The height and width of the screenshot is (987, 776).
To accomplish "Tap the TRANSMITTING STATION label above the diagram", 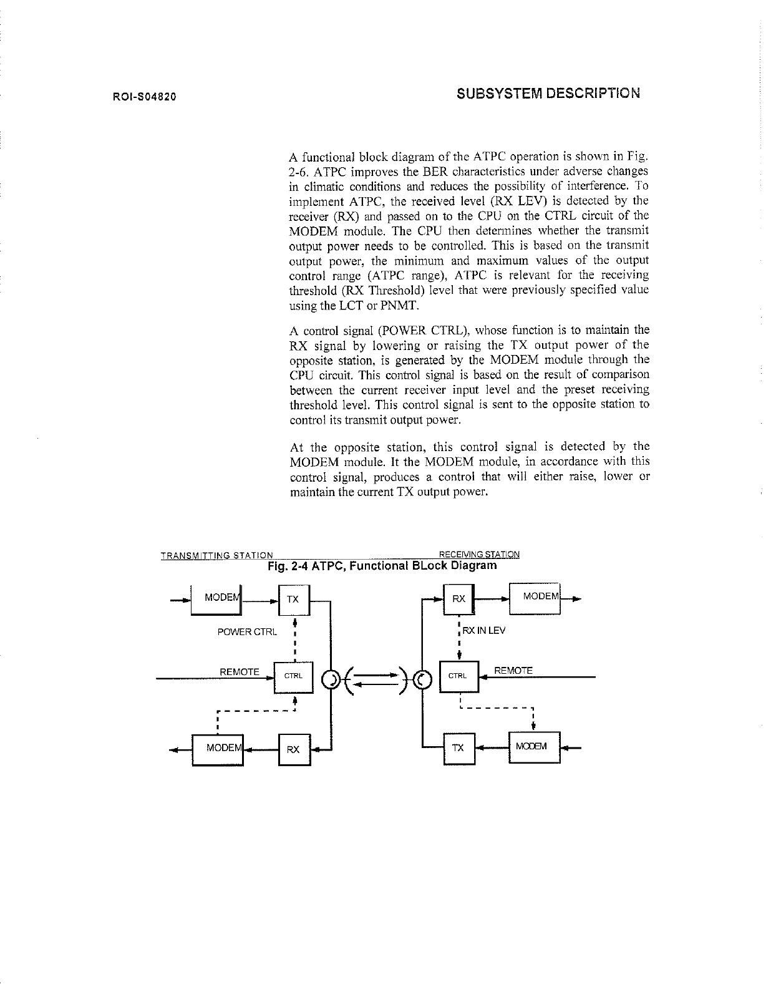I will click(216, 555).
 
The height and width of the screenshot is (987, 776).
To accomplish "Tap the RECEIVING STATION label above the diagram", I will click(479, 554).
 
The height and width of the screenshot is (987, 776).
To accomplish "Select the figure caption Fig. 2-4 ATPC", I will click(382, 566).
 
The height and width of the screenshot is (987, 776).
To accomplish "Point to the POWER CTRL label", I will click(246, 632).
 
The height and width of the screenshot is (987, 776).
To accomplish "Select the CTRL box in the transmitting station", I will click(293, 676).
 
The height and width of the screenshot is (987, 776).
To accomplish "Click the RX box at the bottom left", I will click(293, 749).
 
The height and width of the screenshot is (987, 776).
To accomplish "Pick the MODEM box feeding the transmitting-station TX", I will click(217, 598).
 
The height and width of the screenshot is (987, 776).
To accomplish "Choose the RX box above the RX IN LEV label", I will click(458, 599).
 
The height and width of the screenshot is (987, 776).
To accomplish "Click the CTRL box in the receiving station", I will click(458, 676).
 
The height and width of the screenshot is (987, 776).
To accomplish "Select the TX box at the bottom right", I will click(458, 747).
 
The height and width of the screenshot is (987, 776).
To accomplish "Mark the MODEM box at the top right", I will click(535, 596).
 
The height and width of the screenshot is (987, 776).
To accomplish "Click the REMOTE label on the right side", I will click(513, 671).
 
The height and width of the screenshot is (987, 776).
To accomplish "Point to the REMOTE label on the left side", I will click(240, 672).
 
